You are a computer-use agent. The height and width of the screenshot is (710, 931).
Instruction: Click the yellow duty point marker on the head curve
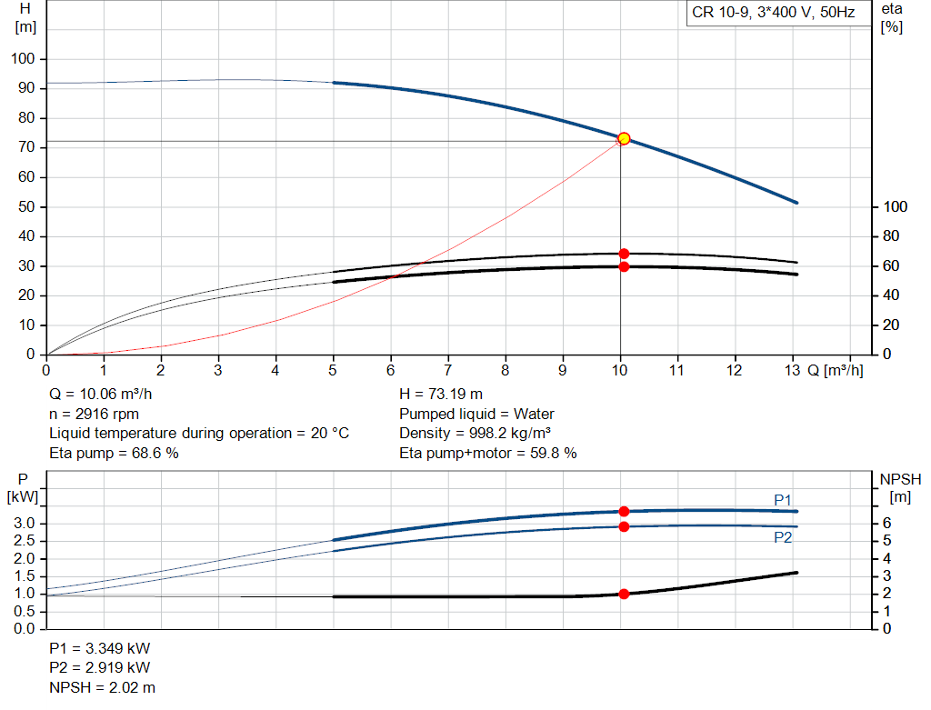click(x=624, y=138)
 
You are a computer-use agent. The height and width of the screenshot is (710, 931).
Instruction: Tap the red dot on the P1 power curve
click(x=624, y=512)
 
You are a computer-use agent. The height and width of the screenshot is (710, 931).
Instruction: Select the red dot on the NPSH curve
click(x=624, y=594)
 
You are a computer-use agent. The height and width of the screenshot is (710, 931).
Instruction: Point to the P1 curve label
click(x=783, y=499)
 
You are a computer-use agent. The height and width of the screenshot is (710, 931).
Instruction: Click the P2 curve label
click(x=783, y=537)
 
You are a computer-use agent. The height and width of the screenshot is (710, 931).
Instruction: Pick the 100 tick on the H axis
click(x=25, y=59)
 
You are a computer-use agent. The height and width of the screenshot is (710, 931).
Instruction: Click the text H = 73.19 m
click(x=442, y=394)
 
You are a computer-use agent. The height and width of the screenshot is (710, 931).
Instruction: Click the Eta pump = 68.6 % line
click(x=114, y=453)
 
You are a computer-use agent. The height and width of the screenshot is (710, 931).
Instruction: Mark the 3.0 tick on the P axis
click(x=24, y=524)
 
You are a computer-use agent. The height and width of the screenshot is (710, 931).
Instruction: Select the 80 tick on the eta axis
click(x=889, y=236)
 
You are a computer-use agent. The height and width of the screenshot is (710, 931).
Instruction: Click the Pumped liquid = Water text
click(x=476, y=414)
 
